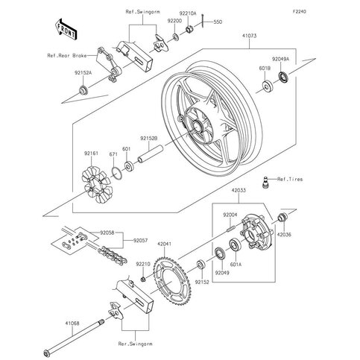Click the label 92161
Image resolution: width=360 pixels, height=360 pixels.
pyautogui.click(x=89, y=154)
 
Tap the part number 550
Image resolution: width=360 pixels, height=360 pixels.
pyautogui.click(x=218, y=23)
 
